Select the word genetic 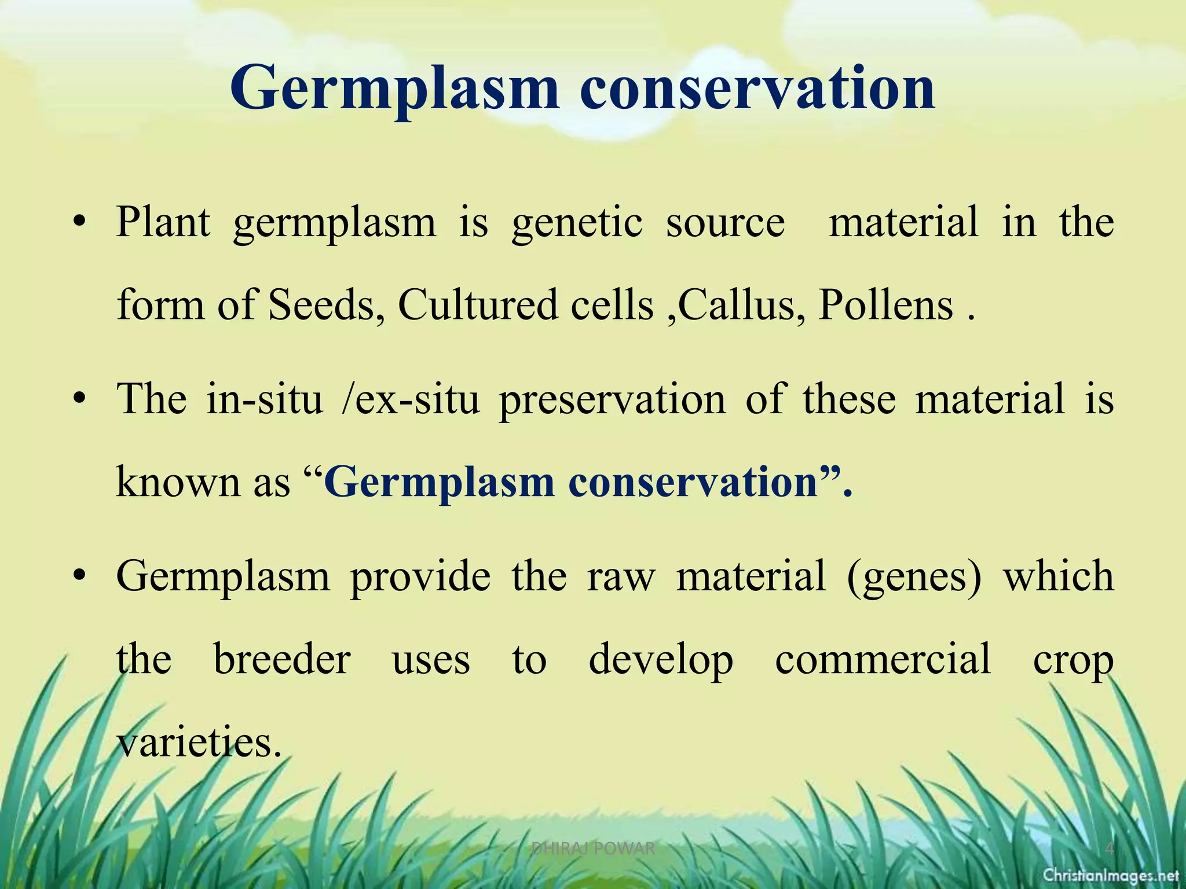[577, 223]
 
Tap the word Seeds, [327, 305]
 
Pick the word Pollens [885, 305]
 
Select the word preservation [612, 401]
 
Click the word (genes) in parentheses [914, 577]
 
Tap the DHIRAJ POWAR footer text [593, 849]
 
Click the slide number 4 [1109, 849]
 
